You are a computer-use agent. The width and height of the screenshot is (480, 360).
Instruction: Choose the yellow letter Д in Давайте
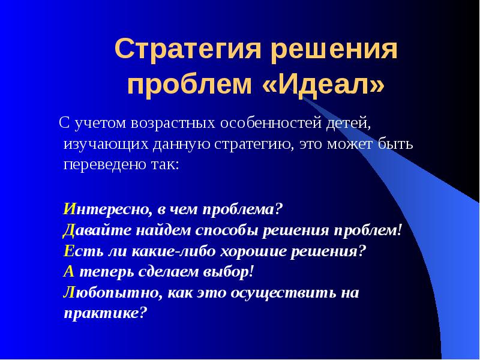pyautogui.click(x=68, y=230)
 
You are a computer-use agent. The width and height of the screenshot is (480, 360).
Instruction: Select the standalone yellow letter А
pyautogui.click(x=68, y=271)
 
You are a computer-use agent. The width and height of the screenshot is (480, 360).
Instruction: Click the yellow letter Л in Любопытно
pyautogui.click(x=69, y=292)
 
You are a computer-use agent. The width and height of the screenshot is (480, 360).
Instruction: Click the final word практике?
pyautogui.click(x=105, y=313)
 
